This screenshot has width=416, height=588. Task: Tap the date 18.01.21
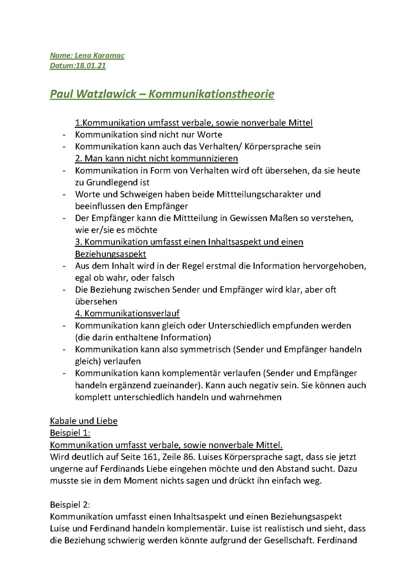click(91, 65)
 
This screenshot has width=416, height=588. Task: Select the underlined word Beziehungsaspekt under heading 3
click(111, 254)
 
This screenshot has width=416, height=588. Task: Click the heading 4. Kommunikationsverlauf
click(127, 313)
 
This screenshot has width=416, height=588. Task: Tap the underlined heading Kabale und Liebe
click(84, 421)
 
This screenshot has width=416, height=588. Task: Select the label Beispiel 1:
click(70, 433)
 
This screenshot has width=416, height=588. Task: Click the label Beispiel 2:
click(70, 504)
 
